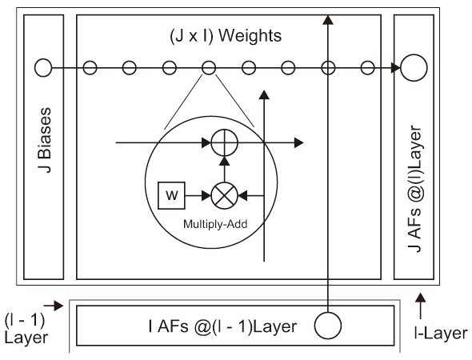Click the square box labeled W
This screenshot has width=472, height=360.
(x=171, y=195)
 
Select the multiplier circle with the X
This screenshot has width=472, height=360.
(x=225, y=196)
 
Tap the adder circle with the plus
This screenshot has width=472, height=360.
(x=225, y=142)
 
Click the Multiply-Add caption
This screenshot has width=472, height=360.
(x=215, y=224)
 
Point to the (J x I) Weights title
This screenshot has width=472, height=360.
(x=226, y=36)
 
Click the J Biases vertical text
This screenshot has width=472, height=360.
(x=45, y=140)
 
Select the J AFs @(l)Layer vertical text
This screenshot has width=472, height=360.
(x=415, y=189)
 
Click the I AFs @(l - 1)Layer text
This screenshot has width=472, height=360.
(x=222, y=326)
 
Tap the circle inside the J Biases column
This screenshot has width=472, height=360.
(x=43, y=68)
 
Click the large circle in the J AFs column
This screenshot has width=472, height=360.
(x=414, y=68)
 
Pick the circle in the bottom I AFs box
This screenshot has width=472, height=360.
(x=328, y=326)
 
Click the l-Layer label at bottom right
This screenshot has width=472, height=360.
(x=441, y=334)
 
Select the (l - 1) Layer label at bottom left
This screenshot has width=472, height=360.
(x=26, y=328)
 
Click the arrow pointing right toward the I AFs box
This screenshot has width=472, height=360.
(x=54, y=306)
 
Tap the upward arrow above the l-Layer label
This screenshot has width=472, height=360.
(x=421, y=306)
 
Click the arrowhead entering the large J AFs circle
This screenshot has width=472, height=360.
(x=395, y=68)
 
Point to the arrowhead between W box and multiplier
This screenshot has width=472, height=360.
(x=206, y=196)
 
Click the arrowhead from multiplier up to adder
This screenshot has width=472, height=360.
(x=225, y=161)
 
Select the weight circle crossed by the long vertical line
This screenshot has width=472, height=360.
(x=328, y=68)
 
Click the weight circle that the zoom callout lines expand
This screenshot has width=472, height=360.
(x=208, y=68)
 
